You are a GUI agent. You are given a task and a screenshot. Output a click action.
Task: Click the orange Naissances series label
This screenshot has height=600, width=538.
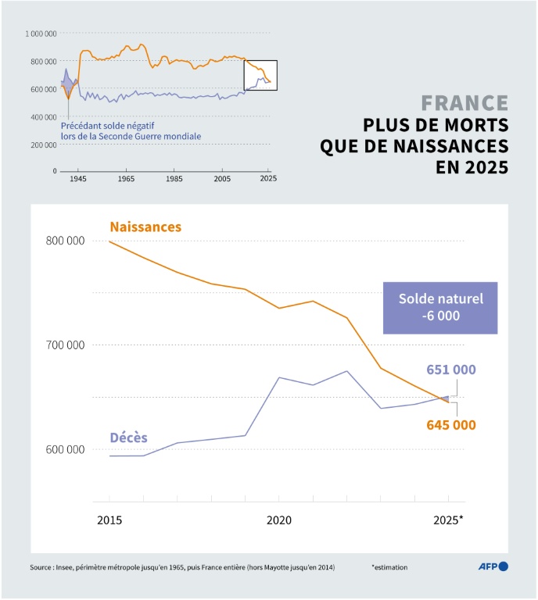click(145, 227)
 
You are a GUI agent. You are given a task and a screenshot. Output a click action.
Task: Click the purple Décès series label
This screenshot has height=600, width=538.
click(128, 437)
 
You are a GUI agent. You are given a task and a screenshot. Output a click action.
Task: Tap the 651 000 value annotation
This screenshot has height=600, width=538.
click(451, 370)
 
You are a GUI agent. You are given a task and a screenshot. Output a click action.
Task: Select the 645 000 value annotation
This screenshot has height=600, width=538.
click(451, 425)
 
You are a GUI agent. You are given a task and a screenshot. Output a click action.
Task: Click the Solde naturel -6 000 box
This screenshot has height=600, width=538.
click(440, 308)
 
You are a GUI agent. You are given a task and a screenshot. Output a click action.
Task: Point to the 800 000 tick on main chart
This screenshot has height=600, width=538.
click(65, 241)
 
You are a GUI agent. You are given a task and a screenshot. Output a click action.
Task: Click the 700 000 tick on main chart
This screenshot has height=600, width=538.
click(65, 345)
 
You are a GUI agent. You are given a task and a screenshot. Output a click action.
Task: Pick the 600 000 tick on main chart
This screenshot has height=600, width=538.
click(65, 449)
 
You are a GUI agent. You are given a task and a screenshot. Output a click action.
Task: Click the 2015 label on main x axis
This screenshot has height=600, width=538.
click(109, 520)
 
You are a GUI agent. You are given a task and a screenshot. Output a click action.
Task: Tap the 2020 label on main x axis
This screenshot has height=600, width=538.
click(279, 520)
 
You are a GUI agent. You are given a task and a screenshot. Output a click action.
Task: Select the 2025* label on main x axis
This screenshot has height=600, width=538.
click(449, 520)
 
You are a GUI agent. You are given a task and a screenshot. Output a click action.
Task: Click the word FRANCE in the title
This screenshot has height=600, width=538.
click(464, 104)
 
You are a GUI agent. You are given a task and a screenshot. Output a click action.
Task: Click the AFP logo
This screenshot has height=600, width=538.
click(493, 566)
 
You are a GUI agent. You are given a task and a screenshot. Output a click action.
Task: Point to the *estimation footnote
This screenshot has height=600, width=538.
click(389, 567)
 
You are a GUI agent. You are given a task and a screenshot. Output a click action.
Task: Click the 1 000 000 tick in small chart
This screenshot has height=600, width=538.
click(41, 34)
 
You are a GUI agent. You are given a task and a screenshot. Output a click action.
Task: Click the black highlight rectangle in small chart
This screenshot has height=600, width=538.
click(260, 75)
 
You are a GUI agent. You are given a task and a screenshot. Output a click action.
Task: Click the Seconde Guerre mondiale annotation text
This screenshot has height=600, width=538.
click(131, 136)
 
